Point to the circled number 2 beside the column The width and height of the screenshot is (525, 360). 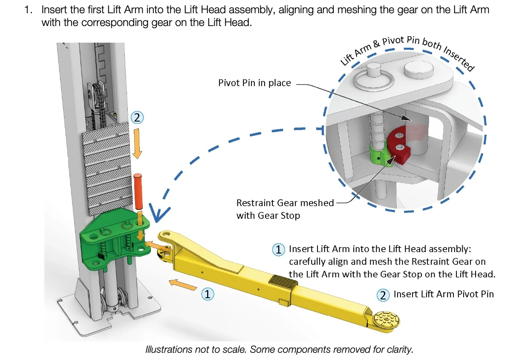click(137, 118)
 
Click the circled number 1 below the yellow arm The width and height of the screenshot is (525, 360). click(207, 294)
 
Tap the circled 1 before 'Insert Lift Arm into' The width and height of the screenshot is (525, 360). click(278, 249)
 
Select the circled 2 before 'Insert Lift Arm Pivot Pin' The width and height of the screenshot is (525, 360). click(383, 295)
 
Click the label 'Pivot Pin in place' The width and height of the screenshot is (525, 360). click(254, 83)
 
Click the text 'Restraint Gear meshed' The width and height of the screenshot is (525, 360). click(285, 203)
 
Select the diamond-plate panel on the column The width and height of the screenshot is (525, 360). click(109, 167)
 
